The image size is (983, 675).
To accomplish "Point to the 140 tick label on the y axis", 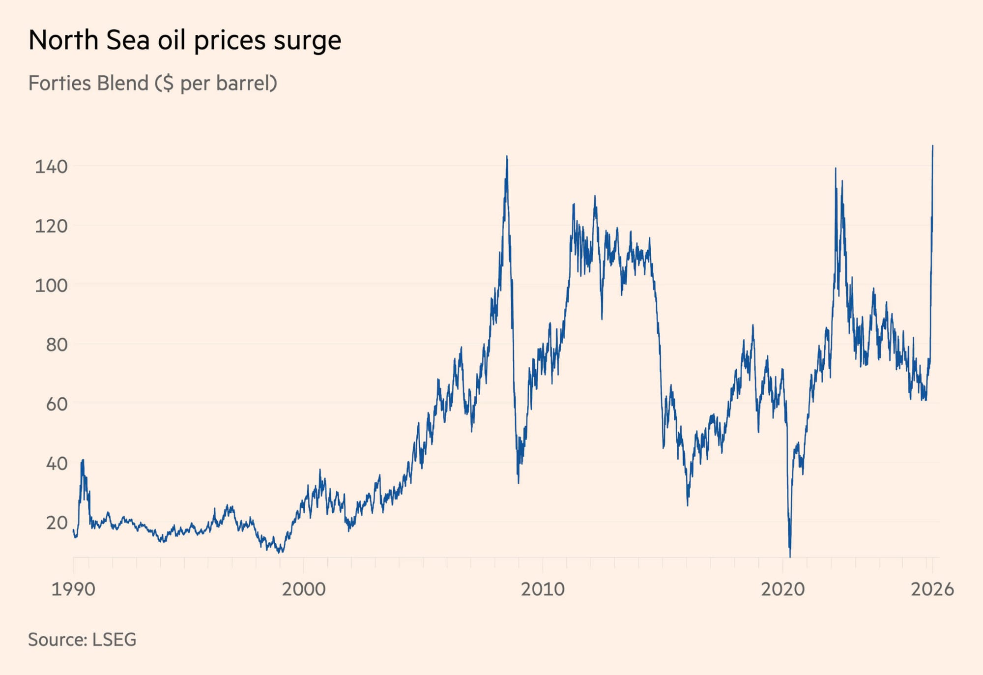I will (51, 167).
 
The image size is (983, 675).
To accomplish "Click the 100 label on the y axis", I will (51, 285).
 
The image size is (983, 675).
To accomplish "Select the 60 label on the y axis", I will (57, 404).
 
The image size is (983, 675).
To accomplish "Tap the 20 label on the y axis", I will (57, 523).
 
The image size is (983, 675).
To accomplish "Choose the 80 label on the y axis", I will (57, 345).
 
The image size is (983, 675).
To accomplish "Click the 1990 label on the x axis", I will (73, 588).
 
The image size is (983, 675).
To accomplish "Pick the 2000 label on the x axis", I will (303, 588).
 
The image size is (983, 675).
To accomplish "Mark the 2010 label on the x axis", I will (543, 588).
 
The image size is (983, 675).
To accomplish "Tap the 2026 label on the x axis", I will (932, 588).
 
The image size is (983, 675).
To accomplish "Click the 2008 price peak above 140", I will (507, 157).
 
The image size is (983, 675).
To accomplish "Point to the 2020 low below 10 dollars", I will (790, 556).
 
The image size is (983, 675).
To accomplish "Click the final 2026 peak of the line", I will (932, 147).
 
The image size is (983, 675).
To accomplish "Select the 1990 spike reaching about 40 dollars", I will (83, 461).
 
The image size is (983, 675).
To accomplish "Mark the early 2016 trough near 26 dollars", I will (687, 503).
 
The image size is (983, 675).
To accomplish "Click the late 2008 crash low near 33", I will (518, 481).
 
